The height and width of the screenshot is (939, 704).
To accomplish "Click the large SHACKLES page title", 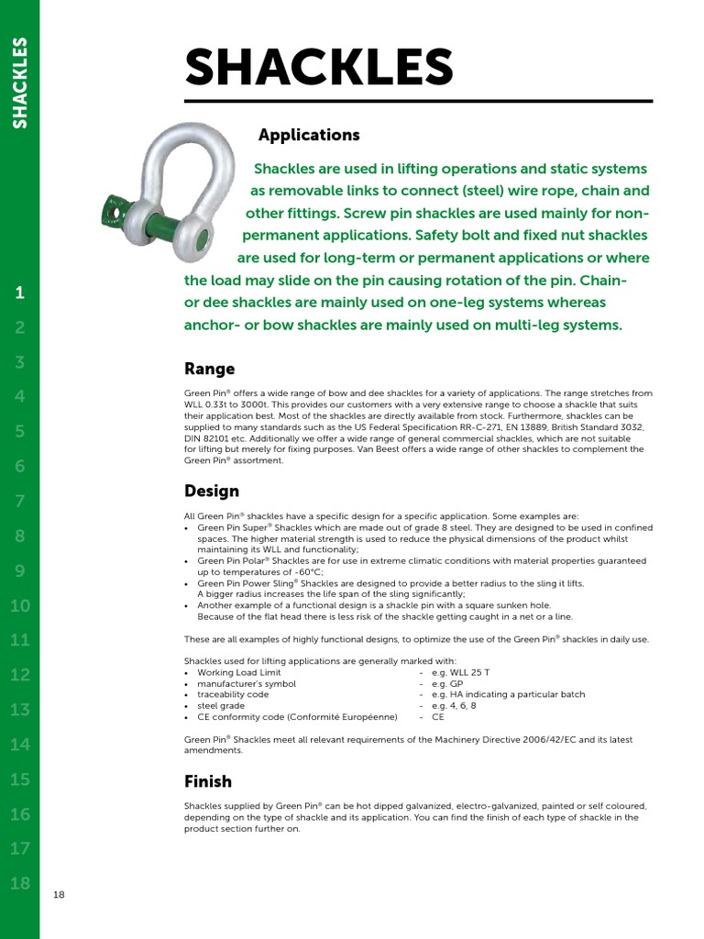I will click(x=319, y=68).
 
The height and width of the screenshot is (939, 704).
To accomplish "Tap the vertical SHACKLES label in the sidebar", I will click(x=20, y=82).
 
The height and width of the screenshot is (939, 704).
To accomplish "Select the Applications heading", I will click(x=309, y=135).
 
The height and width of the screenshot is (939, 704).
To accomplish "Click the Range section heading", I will click(x=210, y=369).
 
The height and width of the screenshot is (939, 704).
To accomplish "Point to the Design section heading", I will click(x=212, y=491).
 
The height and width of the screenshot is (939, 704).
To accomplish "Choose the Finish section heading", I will click(x=208, y=781).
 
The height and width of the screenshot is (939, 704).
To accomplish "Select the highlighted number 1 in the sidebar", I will click(x=20, y=293).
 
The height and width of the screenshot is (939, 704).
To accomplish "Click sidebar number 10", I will click(x=20, y=605).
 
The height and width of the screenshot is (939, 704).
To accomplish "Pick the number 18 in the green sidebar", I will click(x=20, y=884).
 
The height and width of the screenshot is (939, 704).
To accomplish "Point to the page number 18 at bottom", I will click(x=60, y=895).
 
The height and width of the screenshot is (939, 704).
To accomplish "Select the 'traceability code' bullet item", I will click(x=234, y=695).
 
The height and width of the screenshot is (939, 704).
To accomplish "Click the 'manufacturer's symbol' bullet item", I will click(x=247, y=683).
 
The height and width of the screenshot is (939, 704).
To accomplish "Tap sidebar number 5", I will click(x=20, y=431).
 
